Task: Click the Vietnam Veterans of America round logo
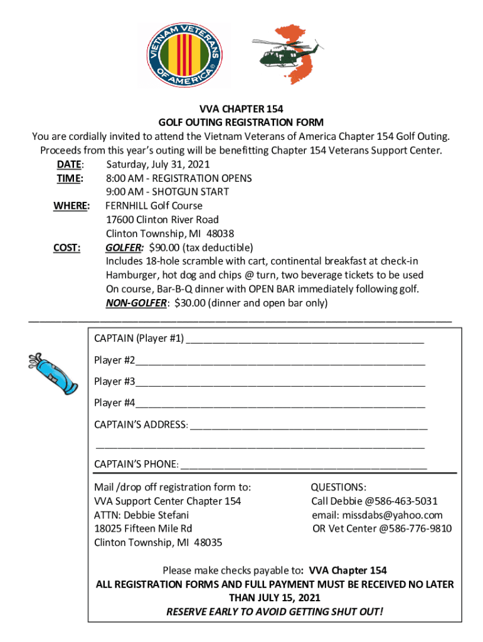pos(184,56)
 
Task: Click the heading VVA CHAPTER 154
pos(241,108)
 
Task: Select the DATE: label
pos(69,164)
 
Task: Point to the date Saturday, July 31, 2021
pos(158,164)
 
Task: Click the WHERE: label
pos(71,206)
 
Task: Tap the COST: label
pos(66,248)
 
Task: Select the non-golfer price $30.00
pos(191,303)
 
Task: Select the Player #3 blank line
pos(280,382)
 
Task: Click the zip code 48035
pos(208,542)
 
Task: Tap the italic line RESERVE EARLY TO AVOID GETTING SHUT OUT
pos(274,611)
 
